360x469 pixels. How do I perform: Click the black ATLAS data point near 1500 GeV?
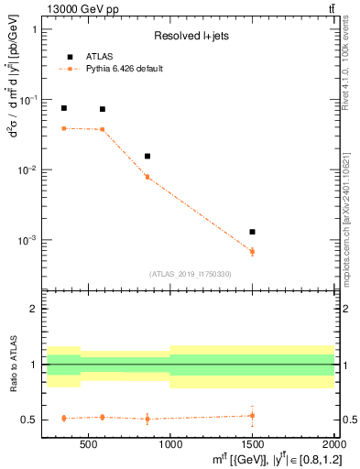pos(252,232)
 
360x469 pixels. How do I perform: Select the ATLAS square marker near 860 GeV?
pos(147,157)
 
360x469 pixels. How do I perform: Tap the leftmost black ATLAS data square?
pos(64,108)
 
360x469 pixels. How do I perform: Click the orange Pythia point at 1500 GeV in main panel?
pos(252,251)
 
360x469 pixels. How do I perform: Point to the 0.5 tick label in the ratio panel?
pos(31,420)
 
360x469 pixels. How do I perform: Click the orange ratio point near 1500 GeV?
pos(252,416)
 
